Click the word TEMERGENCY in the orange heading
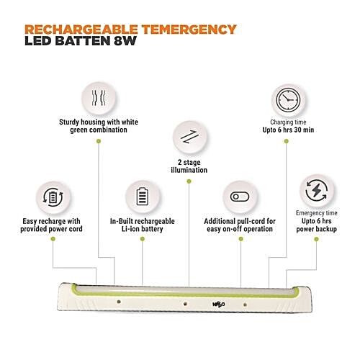[x=189, y=30]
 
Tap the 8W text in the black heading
[x=125, y=41]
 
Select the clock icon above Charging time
[x=288, y=100]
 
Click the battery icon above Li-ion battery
[x=143, y=197]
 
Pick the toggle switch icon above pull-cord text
[x=240, y=197]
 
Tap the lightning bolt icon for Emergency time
[x=317, y=190]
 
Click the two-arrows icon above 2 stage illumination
[x=189, y=137]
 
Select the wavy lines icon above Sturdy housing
[x=99, y=98]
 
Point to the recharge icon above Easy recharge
[x=53, y=197]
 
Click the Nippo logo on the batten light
[x=219, y=305]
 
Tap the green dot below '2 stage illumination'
[x=189, y=181]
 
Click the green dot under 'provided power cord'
[x=53, y=239]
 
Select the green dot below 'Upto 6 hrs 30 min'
[x=286, y=141]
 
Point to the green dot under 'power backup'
[x=316, y=239]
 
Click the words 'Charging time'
[x=288, y=122]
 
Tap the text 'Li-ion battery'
[x=143, y=229]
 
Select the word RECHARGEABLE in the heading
[x=81, y=30]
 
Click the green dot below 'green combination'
[x=99, y=141]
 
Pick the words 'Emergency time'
[x=317, y=213]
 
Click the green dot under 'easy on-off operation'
[x=241, y=239]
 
